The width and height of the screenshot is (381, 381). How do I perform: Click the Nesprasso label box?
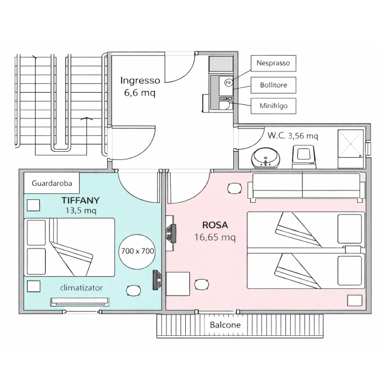(273, 63)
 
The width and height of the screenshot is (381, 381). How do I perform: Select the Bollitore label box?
(273, 85)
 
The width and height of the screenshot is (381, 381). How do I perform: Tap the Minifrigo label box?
(273, 106)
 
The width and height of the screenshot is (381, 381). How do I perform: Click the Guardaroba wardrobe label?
(52, 183)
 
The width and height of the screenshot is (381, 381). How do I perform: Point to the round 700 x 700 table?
(137, 251)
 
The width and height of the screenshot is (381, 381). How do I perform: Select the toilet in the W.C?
(304, 157)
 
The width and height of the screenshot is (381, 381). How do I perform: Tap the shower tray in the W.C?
(351, 149)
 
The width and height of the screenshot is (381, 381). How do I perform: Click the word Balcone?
(225, 325)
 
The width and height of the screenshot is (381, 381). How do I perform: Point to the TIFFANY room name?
(80, 200)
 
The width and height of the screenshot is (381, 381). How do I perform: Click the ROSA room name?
(215, 225)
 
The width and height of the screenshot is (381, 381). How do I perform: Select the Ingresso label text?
(140, 80)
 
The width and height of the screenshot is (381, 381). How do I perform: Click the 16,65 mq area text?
(215, 237)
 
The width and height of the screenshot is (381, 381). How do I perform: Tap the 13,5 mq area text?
(81, 210)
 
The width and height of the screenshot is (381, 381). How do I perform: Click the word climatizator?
(81, 288)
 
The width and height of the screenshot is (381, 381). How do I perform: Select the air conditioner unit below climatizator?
(80, 302)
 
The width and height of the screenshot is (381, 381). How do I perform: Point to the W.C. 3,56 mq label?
(292, 135)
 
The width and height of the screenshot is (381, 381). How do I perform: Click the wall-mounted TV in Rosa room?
(172, 233)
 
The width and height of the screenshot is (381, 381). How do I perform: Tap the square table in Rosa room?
(178, 284)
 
